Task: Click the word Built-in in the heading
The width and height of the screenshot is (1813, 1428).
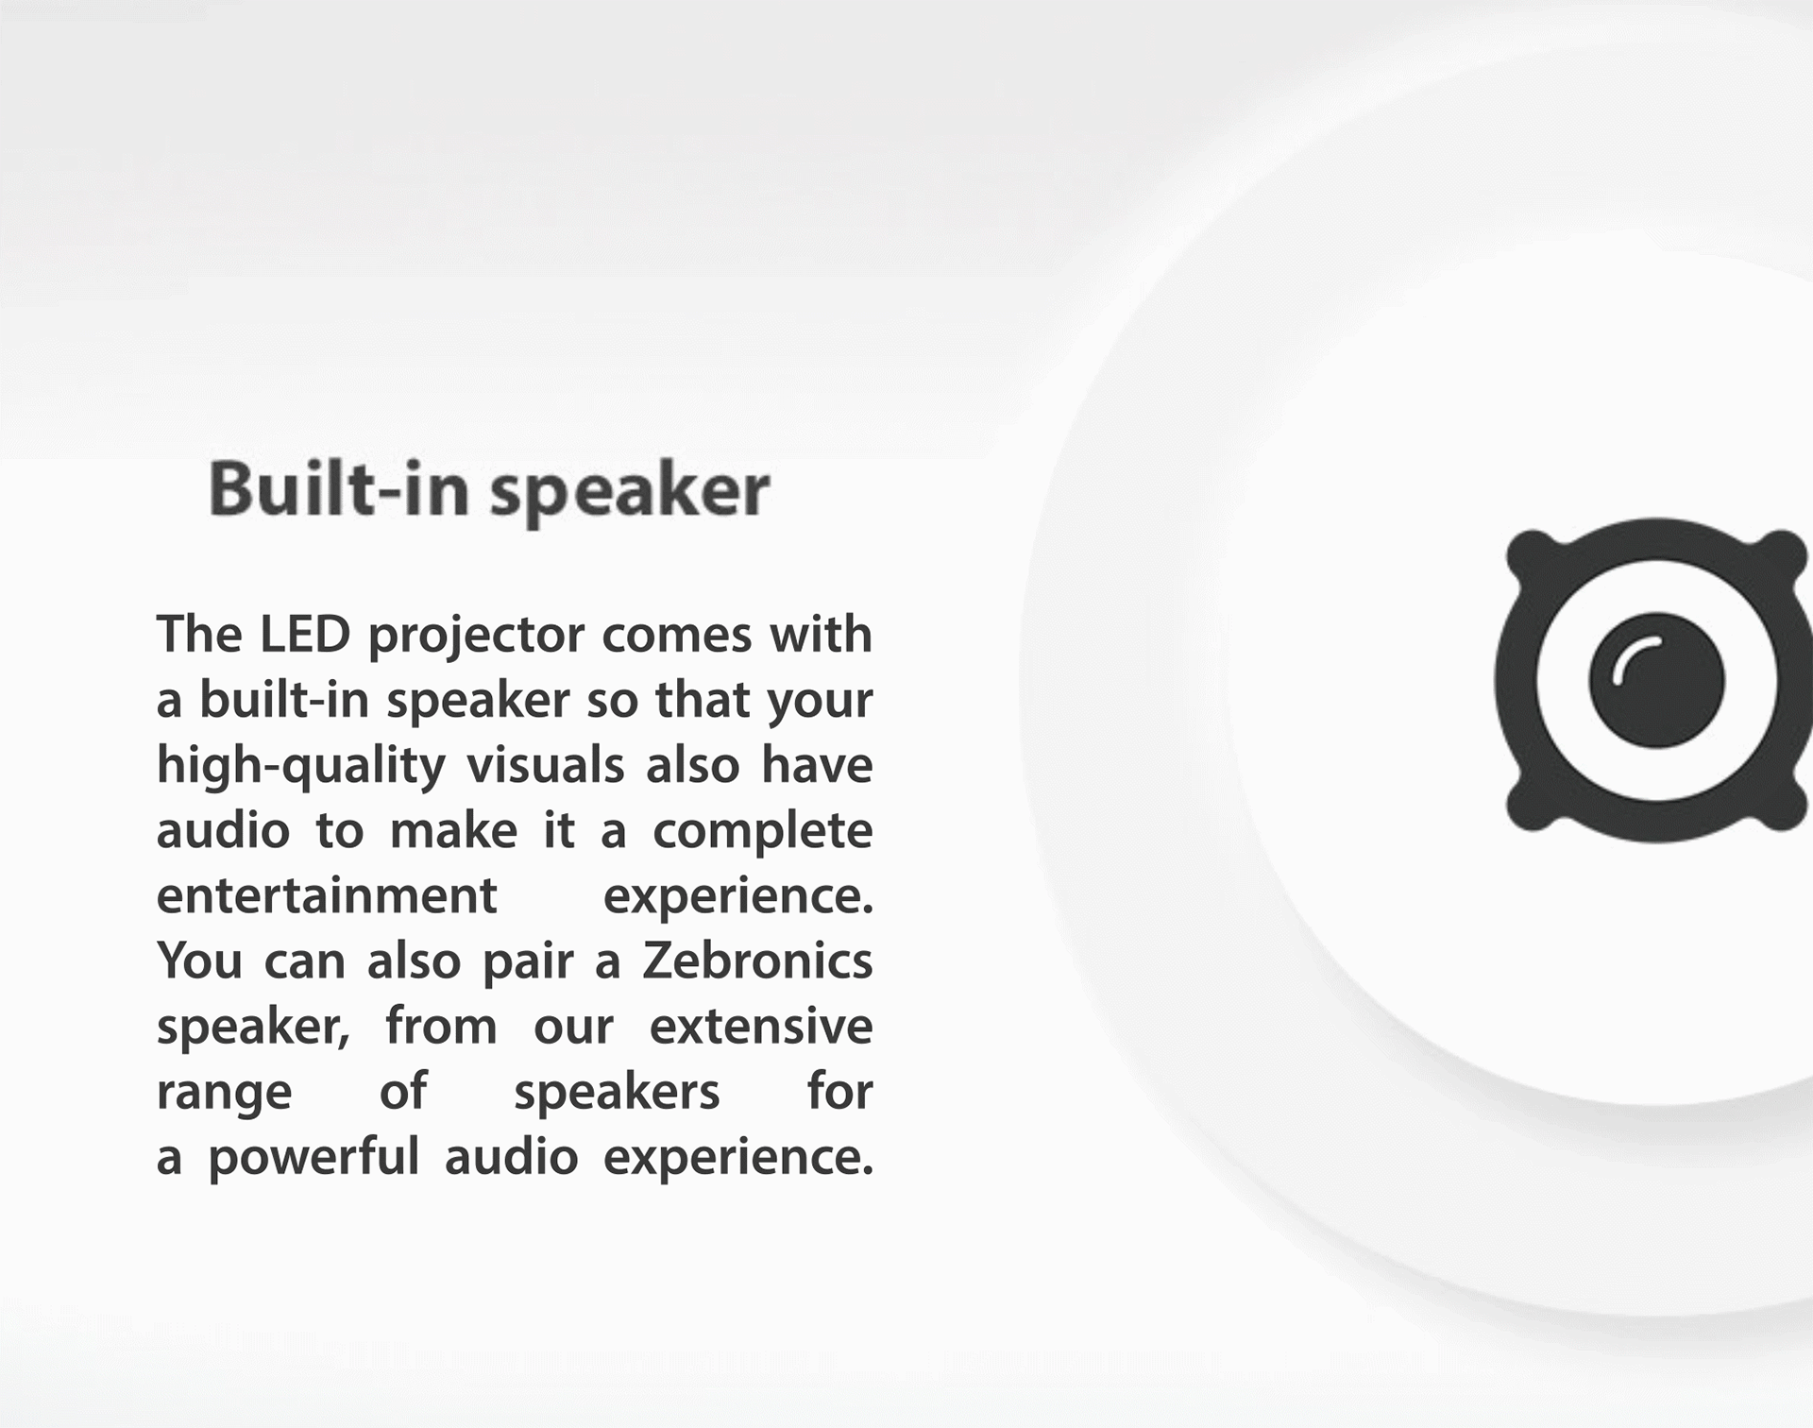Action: pyautogui.click(x=338, y=489)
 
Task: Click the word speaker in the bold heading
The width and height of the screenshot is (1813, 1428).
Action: pyautogui.click(x=630, y=494)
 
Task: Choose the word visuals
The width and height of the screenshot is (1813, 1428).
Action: pyautogui.click(x=545, y=765)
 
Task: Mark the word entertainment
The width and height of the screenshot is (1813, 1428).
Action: pyautogui.click(x=327, y=896)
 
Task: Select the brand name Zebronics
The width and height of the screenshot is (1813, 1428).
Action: pyautogui.click(x=757, y=961)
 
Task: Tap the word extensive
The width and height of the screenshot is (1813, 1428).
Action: pyautogui.click(x=761, y=1027)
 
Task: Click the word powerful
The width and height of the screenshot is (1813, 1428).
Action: pyautogui.click(x=313, y=1158)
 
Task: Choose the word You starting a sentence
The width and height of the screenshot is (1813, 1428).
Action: pyautogui.click(x=199, y=961)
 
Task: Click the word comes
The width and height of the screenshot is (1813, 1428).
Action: pyautogui.click(x=675, y=636)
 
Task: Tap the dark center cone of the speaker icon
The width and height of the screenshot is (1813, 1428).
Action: pyautogui.click(x=1657, y=680)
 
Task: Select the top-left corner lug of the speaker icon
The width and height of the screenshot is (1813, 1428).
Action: pyautogui.click(x=1532, y=555)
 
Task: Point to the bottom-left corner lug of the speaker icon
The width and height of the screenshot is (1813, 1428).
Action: pyautogui.click(x=1532, y=805)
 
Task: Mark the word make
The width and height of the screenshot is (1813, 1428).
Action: pyautogui.click(x=453, y=831)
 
